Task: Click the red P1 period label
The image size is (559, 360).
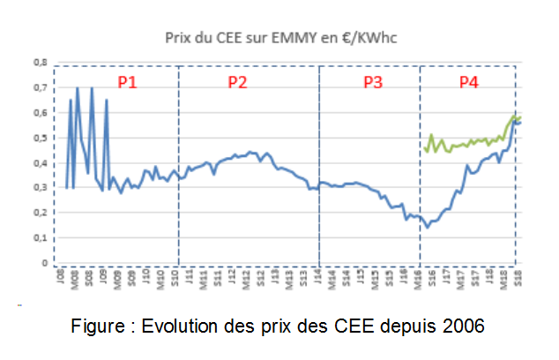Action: (128, 82)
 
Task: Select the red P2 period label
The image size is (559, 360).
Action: (237, 82)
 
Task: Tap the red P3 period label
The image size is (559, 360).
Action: (373, 82)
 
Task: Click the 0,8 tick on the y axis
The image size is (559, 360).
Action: (40, 64)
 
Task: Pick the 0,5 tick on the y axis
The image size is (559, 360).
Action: (40, 139)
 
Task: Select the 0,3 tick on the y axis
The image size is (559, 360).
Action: (40, 188)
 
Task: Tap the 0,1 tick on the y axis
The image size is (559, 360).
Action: (40, 238)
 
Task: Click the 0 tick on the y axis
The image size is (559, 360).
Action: (42, 263)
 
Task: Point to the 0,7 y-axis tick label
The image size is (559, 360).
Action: (40, 88)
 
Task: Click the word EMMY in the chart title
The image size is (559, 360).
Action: (287, 39)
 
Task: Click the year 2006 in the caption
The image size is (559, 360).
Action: (464, 326)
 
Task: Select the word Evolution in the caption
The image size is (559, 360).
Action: (183, 326)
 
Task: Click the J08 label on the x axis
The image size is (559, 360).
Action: (59, 278)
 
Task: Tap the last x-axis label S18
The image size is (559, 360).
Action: (518, 278)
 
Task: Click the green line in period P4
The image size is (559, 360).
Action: (467, 142)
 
